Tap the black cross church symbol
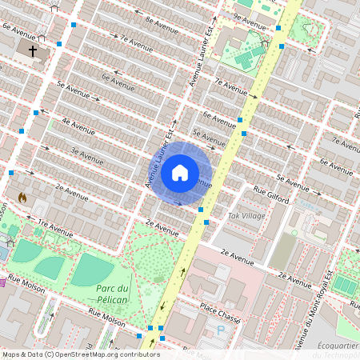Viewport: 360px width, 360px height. (33, 51)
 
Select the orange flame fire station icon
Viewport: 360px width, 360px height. (22, 196)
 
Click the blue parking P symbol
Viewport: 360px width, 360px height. (221, 329)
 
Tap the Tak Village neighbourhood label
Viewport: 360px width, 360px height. (246, 216)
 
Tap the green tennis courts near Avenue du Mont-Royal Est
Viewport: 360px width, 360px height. (346, 283)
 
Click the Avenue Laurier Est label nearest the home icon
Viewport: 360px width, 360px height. (159, 158)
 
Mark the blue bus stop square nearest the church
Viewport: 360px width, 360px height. (59, 42)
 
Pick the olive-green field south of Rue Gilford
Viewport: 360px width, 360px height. (283, 250)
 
